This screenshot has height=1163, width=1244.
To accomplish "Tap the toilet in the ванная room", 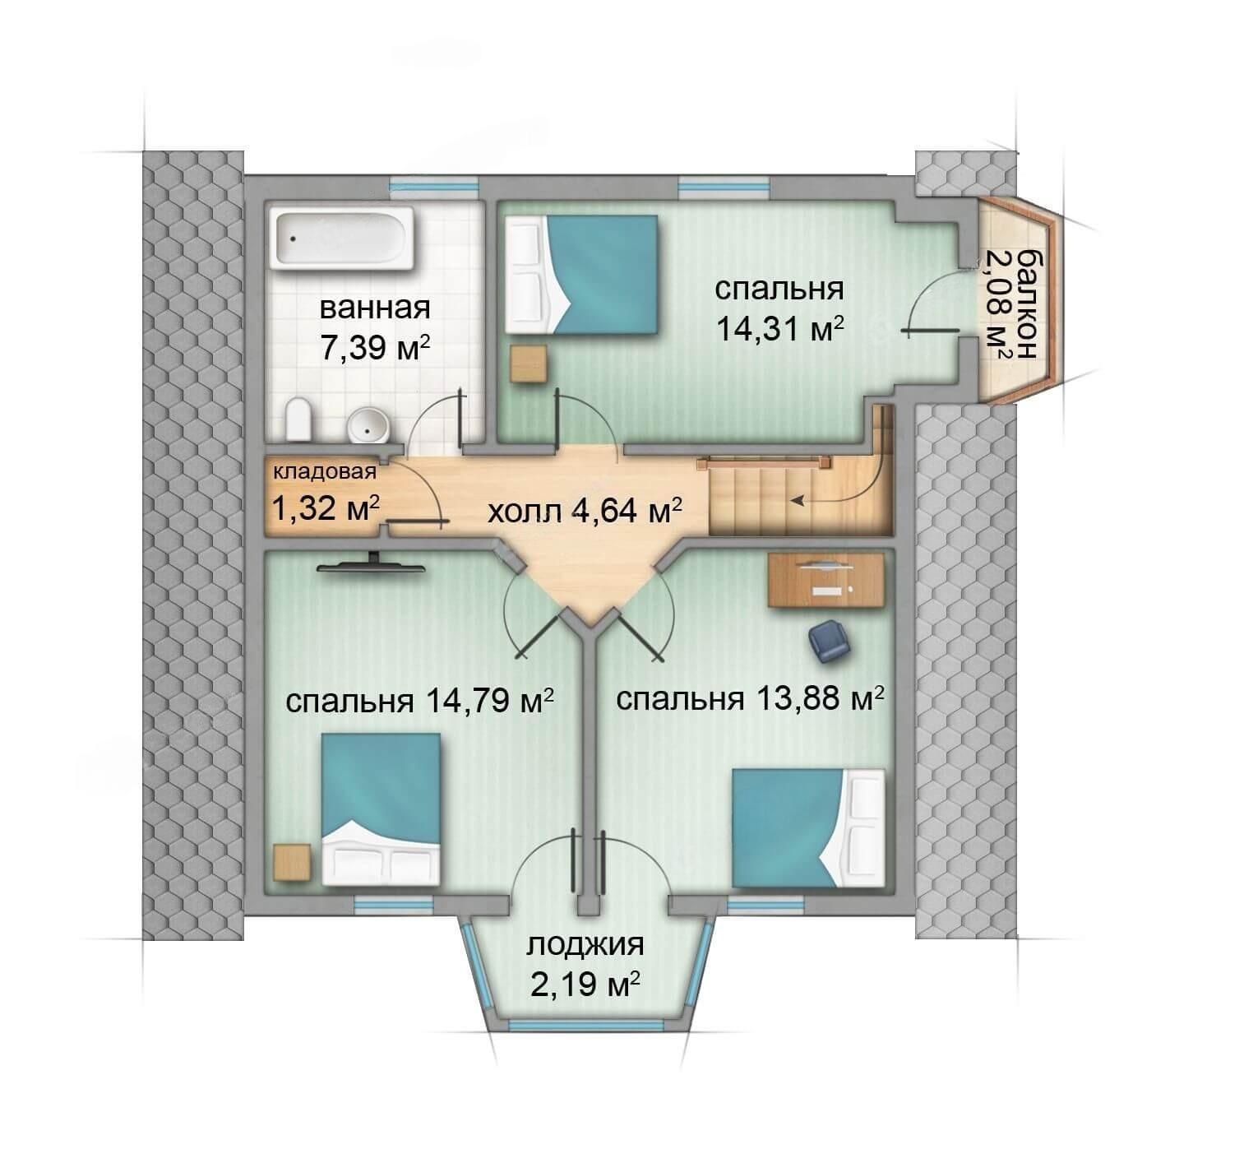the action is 298,419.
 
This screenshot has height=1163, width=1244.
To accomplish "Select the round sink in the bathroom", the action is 368,425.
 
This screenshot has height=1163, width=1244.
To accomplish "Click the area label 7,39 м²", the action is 375,348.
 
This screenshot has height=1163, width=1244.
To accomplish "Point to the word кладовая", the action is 325,471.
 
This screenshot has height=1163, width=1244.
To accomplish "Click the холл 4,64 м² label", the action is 585,511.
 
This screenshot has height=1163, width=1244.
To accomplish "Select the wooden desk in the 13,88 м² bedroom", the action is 825,580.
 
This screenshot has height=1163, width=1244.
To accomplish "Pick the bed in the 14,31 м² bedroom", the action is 581,275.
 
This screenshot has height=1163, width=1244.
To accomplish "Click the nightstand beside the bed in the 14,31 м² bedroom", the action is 530,363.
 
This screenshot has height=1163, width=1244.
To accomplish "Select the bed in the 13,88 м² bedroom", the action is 809,827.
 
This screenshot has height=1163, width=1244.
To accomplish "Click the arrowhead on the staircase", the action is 796,501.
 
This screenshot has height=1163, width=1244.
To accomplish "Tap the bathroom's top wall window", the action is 433,186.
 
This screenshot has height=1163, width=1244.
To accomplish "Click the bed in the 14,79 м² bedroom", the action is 381,809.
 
